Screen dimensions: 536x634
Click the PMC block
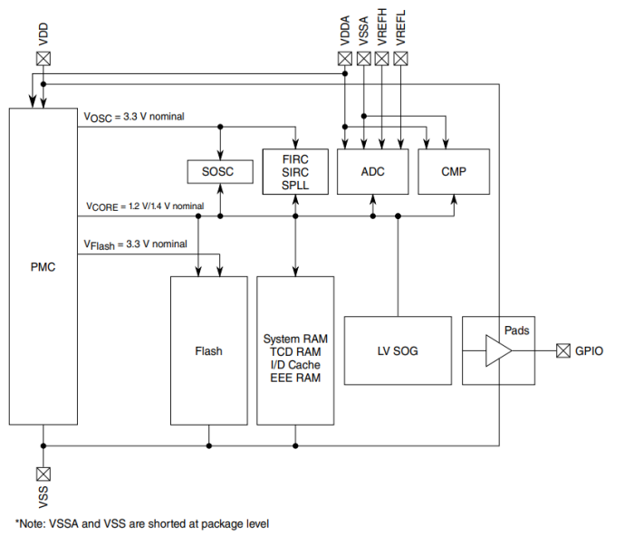(x=43, y=266)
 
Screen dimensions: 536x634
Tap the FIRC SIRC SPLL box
(x=295, y=172)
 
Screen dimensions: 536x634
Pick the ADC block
(x=372, y=172)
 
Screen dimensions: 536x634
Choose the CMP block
(x=454, y=172)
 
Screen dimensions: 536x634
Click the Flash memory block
(x=208, y=350)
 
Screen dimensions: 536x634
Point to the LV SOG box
(x=398, y=350)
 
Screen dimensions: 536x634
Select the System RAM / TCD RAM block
(x=295, y=350)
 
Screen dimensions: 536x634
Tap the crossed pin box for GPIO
(x=564, y=350)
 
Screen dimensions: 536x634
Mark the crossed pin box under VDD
(x=43, y=58)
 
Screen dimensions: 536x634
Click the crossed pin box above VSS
(x=43, y=474)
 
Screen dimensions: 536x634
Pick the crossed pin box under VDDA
(x=344, y=58)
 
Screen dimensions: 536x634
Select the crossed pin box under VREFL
(x=401, y=58)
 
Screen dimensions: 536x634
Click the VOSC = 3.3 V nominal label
(x=136, y=117)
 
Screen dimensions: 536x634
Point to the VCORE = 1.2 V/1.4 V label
(x=145, y=206)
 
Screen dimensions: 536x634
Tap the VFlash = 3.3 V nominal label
(x=136, y=244)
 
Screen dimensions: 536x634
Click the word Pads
(x=516, y=330)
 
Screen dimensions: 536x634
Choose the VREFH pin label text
(x=382, y=28)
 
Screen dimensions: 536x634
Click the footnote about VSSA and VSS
(x=142, y=523)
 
